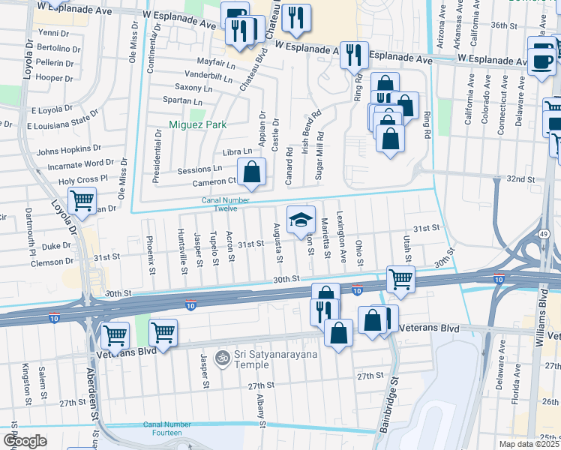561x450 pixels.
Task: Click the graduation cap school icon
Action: click(301, 219)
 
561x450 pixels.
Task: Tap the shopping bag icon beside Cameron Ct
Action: click(253, 172)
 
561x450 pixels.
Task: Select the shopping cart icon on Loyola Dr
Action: click(82, 200)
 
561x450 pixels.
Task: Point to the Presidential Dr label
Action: click(157, 156)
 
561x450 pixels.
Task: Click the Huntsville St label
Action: click(182, 247)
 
